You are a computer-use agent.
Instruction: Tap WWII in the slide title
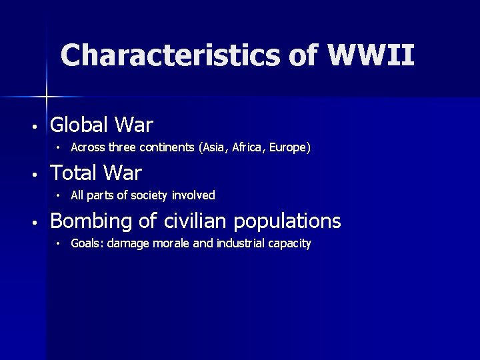pyautogui.click(x=371, y=55)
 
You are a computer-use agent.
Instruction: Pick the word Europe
pyautogui.click(x=289, y=147)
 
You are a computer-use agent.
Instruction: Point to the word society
pyautogui.click(x=147, y=195)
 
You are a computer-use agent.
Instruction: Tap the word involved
pyautogui.click(x=193, y=195)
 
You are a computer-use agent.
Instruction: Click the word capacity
pyautogui.click(x=290, y=243)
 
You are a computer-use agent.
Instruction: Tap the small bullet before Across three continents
pyautogui.click(x=59, y=147)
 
